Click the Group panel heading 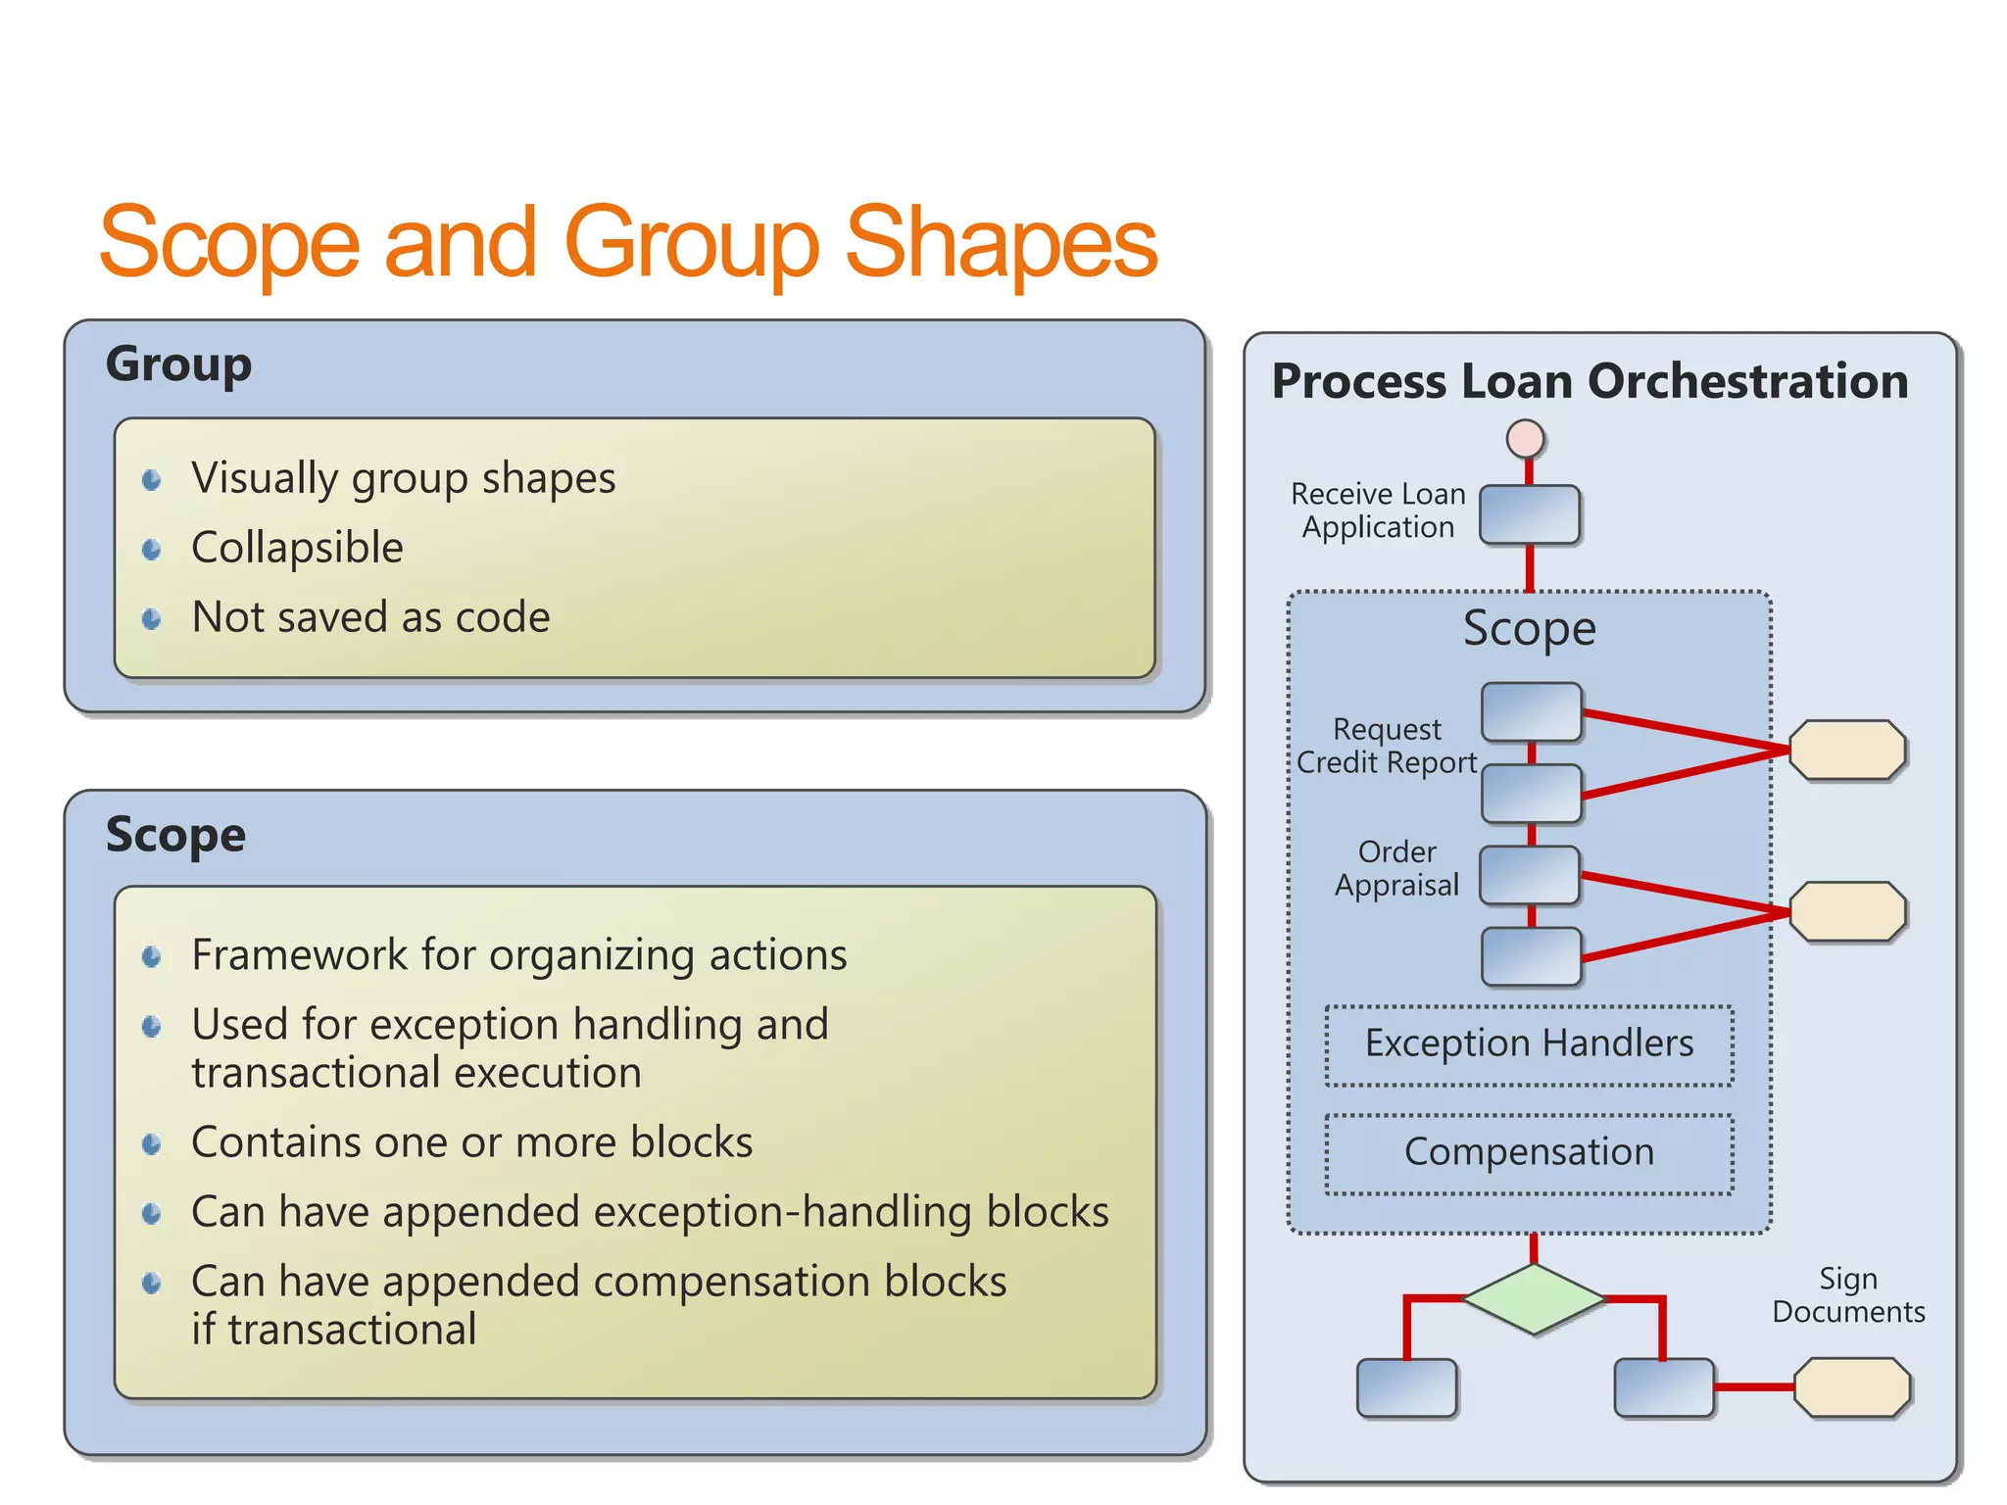[178, 364]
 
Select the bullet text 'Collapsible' [297, 548]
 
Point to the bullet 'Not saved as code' [370, 617]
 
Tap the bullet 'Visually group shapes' [403, 478]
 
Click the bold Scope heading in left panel [175, 835]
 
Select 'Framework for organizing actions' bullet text [518, 955]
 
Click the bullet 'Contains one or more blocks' [471, 1142]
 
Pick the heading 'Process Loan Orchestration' [1590, 381]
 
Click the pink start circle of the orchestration [1526, 439]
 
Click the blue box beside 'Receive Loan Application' [1529, 514]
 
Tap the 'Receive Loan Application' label [1378, 510]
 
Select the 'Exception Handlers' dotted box [1529, 1044]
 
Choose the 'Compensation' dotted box [1529, 1153]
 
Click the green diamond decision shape [1534, 1299]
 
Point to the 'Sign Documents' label [1848, 1295]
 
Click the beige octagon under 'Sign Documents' [1852, 1386]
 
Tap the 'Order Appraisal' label [1396, 868]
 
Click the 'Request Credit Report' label [1387, 746]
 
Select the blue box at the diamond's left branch [1406, 1387]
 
